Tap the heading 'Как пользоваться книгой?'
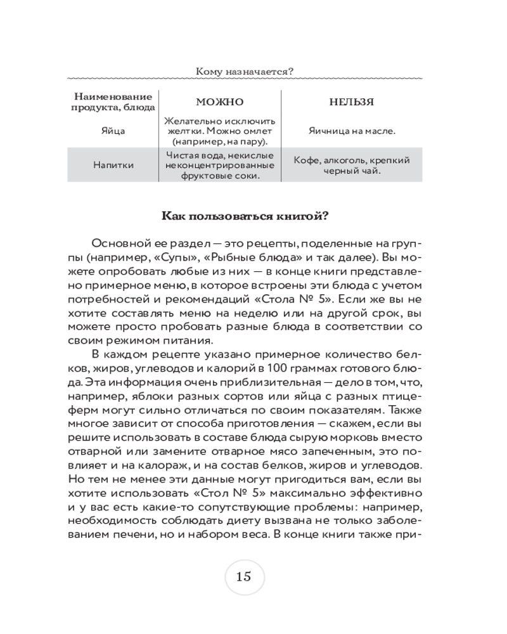(245, 216)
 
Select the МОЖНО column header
(219, 102)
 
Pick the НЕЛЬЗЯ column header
(351, 102)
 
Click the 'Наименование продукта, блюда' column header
(113, 101)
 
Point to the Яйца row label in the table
(113, 131)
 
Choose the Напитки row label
(113, 165)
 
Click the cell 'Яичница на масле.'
(351, 131)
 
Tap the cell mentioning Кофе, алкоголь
(351, 165)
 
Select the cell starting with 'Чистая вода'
(219, 165)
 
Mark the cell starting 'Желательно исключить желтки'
(219, 131)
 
